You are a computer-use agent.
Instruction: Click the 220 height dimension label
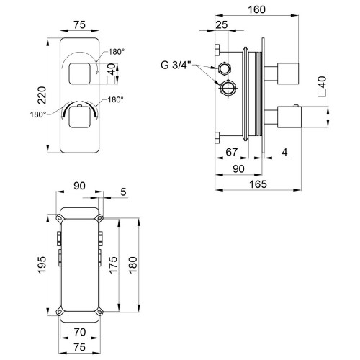click(42, 95)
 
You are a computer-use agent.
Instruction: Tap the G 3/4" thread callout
click(176, 65)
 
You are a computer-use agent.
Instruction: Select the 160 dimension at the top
click(256, 9)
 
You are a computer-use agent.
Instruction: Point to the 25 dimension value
click(221, 24)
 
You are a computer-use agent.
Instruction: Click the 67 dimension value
click(232, 152)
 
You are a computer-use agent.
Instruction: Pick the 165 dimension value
click(258, 184)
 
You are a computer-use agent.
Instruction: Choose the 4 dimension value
click(284, 152)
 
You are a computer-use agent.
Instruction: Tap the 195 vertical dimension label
click(42, 265)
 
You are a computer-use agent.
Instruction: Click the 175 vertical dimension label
click(113, 265)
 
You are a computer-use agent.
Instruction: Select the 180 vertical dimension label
click(132, 265)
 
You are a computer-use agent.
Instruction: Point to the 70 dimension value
click(80, 332)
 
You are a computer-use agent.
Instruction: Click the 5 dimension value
click(123, 192)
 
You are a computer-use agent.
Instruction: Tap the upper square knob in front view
click(80, 73)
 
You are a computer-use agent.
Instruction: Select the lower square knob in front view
click(80, 117)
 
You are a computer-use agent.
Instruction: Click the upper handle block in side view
click(288, 73)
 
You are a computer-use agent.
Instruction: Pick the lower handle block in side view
click(289, 117)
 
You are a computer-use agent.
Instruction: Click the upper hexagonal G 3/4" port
click(225, 68)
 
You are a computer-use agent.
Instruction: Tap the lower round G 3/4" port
click(228, 87)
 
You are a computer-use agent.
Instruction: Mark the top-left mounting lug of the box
click(59, 218)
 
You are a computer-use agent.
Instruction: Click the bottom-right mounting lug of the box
click(99, 312)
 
